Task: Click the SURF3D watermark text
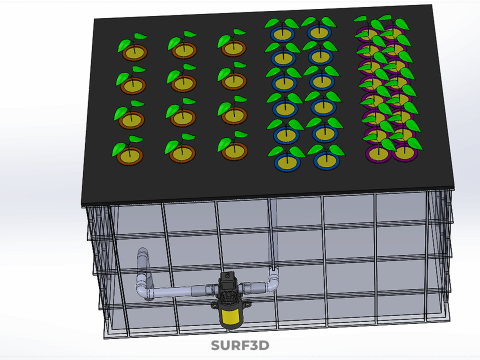240,346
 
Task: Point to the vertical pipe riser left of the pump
142,272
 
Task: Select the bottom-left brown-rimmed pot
129,155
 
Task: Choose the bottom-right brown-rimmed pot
234,151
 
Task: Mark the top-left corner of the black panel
97,22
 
